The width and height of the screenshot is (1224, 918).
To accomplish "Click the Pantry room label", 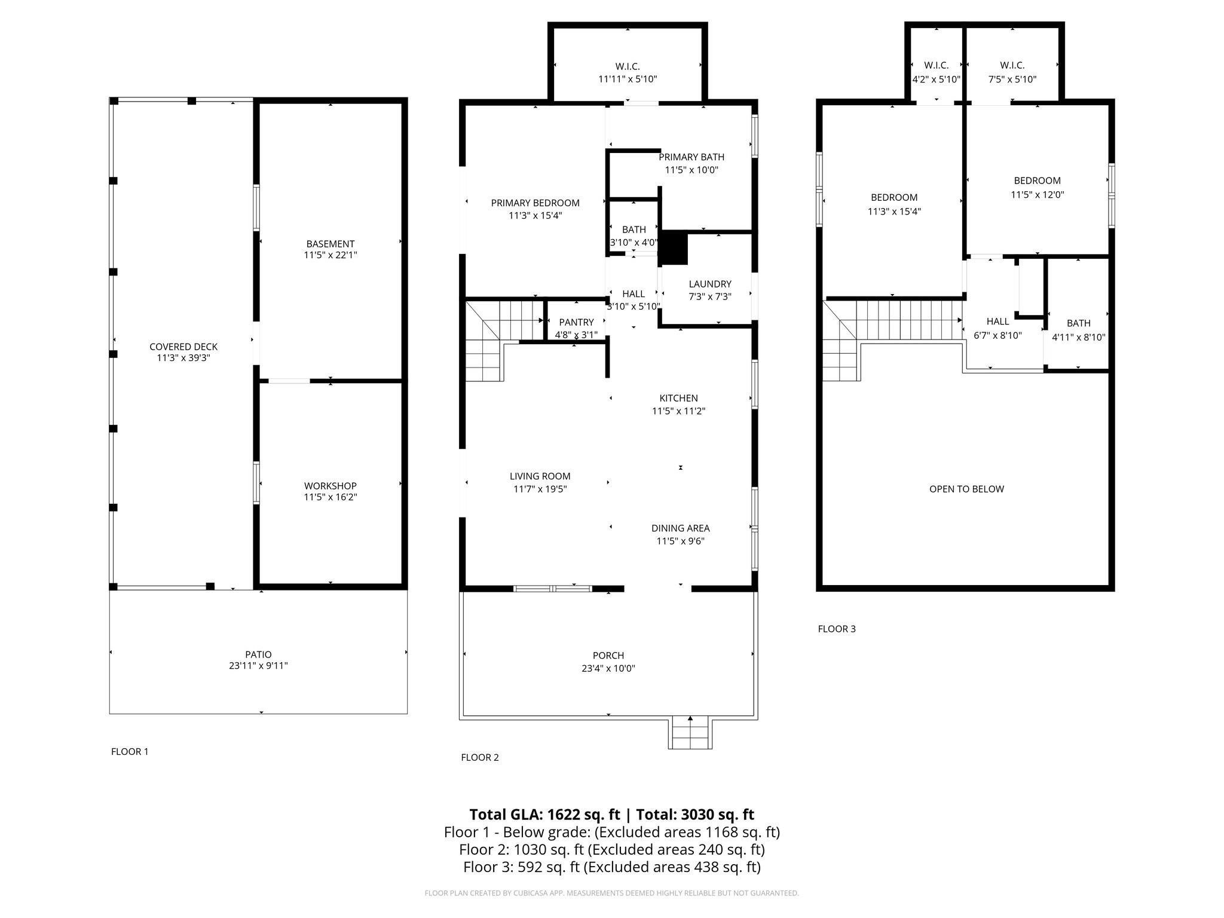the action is tap(576, 322).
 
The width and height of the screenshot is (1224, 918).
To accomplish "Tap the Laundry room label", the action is tap(709, 284).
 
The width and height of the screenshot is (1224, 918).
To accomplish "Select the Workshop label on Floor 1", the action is tap(330, 486).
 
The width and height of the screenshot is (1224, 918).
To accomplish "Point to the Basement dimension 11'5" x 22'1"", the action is tap(330, 255).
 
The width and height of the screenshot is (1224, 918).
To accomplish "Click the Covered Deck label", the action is tap(183, 347).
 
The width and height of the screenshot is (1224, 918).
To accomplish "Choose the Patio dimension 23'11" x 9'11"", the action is tap(258, 666).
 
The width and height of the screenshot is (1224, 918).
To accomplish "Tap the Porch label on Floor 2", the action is tap(608, 656).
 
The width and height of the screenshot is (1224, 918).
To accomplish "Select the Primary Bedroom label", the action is tap(535, 203).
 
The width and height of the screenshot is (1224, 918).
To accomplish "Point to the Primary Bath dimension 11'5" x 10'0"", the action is tap(691, 170).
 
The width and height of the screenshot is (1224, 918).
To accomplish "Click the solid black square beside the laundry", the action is tap(673, 247).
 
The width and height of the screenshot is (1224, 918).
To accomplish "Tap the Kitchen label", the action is tap(678, 398).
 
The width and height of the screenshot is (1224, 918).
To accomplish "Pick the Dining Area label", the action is tap(680, 528).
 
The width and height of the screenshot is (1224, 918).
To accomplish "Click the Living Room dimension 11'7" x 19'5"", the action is tap(540, 489).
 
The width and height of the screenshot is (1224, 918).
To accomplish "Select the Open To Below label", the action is tap(966, 489).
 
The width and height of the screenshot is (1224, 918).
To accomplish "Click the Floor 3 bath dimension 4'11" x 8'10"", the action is tap(1078, 337).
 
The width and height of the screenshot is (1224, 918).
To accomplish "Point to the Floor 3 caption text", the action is tap(837, 629).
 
